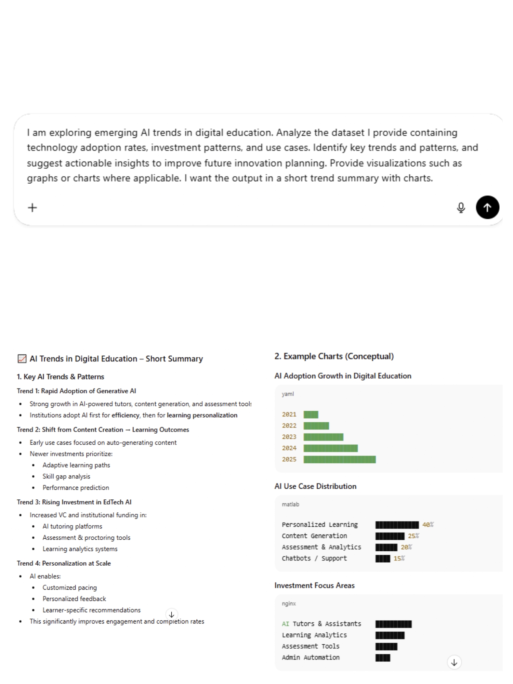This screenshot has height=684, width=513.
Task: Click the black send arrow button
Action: [487, 207]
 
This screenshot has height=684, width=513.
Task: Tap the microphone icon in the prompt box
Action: [461, 208]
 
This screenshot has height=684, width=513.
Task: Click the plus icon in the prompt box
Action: [32, 208]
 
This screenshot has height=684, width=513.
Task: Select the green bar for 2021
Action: [311, 415]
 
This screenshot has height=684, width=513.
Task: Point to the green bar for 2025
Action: [339, 459]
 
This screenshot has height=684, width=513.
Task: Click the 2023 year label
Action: [289, 437]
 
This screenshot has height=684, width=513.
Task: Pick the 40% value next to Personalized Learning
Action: [428, 525]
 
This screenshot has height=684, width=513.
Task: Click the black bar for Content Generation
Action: [390, 536]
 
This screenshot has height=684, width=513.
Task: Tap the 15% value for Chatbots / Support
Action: [399, 558]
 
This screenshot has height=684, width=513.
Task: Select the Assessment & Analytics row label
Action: [321, 547]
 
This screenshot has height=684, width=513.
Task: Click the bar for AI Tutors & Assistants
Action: [393, 624]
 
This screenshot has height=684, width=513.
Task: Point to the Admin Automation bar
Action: [382, 657]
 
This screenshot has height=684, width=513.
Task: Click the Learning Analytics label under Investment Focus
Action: [314, 635]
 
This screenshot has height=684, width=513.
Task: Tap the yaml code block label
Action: [288, 394]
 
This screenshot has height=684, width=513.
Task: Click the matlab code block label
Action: [290, 504]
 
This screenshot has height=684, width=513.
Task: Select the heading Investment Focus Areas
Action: [314, 586]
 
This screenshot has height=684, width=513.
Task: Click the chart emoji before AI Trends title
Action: [22, 359]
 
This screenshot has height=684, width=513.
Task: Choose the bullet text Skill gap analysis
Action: [66, 476]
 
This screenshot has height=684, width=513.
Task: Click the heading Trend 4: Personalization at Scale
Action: [64, 563]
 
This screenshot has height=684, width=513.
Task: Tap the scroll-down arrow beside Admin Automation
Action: [454, 662]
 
